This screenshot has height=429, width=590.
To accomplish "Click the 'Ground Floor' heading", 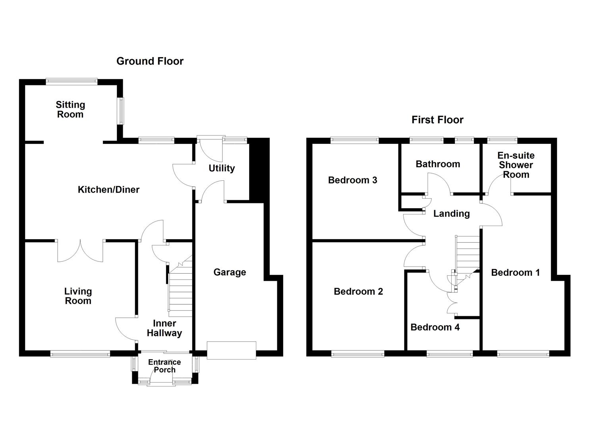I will [150, 61].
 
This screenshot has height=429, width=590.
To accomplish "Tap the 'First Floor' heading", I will [437, 120].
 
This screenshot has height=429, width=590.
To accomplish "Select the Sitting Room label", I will [70, 110].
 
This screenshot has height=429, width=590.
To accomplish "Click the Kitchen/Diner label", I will [108, 189].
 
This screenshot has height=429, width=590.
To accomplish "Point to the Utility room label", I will [222, 168].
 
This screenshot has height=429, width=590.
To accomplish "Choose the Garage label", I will [230, 272].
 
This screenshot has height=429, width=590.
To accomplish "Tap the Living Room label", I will [78, 296].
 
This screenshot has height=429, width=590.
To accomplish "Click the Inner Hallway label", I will [164, 328].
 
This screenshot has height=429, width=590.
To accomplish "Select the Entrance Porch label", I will [164, 366].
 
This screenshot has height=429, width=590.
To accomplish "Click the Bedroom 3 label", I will [352, 180].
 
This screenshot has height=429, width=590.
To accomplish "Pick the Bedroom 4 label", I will [435, 327].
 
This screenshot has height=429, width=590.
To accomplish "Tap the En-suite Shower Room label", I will [516, 165].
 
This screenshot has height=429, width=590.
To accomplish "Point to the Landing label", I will [451, 214].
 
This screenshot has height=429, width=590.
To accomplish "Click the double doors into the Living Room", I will [81, 251].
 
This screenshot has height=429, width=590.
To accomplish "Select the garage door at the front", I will [231, 350].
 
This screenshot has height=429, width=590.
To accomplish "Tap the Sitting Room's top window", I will [71, 81].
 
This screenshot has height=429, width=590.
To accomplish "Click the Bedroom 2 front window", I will [358, 354].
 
